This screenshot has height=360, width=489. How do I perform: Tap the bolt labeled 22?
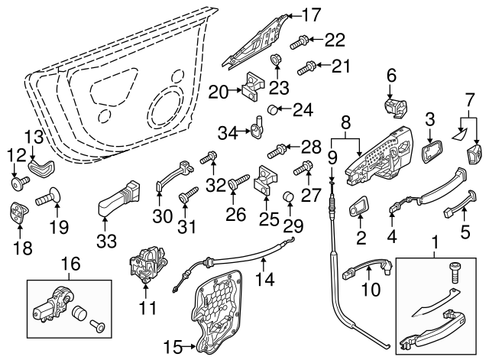click(x=302, y=40)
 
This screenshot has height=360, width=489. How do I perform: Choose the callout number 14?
click(x=265, y=280)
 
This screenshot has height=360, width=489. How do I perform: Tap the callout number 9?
click(x=332, y=157)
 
